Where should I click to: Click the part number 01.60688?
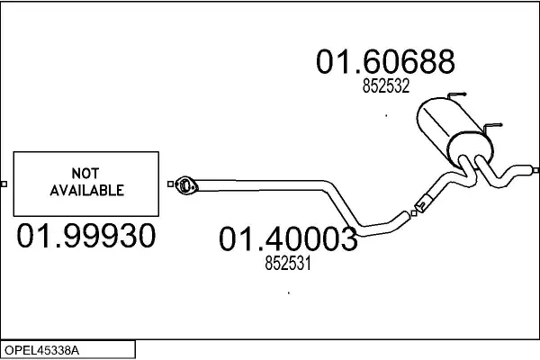point(385,61)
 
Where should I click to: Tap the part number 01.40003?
point(288,240)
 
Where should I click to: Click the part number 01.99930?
point(87,238)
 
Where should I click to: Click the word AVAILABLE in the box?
point(85,191)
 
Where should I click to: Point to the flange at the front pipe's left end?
point(185,185)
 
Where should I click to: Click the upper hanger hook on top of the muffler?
point(456,95)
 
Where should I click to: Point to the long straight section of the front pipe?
point(261,182)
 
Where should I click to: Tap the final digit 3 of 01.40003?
point(346,240)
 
